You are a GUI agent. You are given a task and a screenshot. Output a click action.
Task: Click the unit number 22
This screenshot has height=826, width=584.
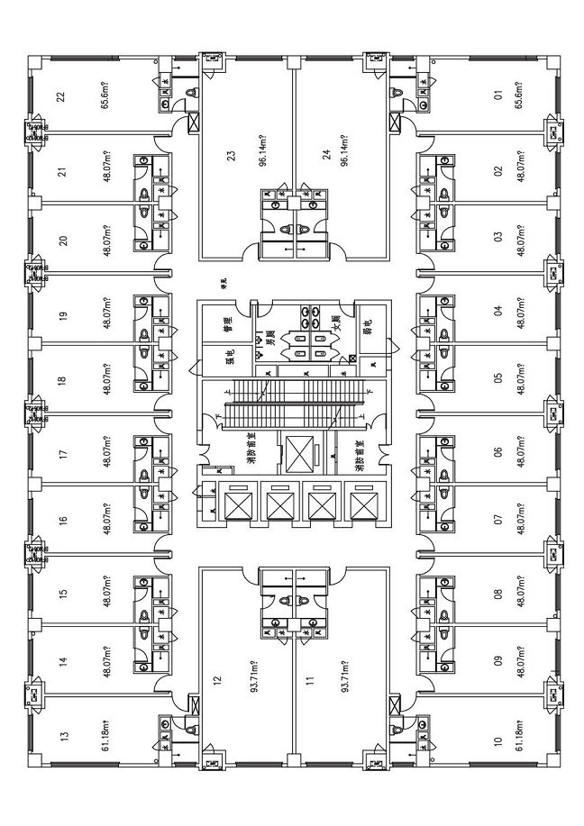click(60, 96)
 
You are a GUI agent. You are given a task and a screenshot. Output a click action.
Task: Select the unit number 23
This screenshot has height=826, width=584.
click(232, 156)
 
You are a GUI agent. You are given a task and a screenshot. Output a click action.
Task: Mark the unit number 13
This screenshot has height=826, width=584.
click(62, 737)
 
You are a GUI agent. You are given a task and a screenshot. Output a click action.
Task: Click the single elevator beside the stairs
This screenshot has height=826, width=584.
click(297, 455)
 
